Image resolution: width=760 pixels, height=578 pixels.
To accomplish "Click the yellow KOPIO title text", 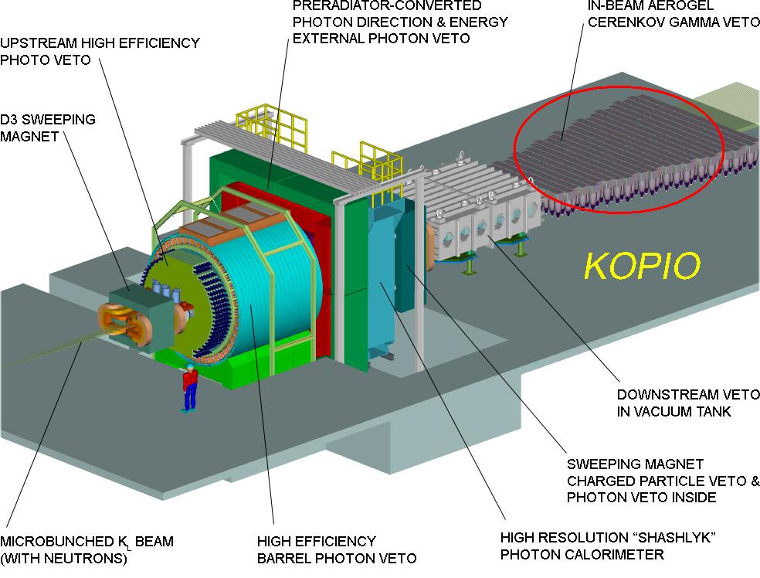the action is (643, 266).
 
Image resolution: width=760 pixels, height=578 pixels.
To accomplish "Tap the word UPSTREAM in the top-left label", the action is (39, 43).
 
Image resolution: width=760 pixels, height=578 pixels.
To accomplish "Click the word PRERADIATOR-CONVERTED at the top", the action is (387, 6).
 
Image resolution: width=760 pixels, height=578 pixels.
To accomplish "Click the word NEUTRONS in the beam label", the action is (89, 558).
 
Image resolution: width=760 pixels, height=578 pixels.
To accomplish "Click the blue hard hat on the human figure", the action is (189, 366).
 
